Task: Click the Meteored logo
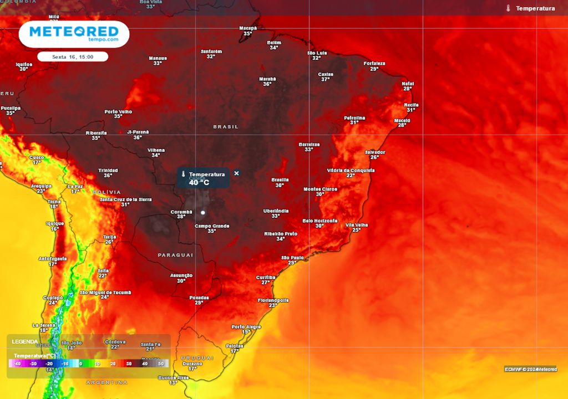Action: tap(74, 33)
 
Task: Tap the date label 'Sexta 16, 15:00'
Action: tap(73, 57)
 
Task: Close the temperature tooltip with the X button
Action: tap(237, 173)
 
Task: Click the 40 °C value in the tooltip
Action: tap(199, 182)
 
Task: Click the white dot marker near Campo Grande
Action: tap(203, 212)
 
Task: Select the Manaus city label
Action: tap(158, 58)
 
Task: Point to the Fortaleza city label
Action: tap(374, 63)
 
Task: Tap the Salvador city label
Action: tap(375, 152)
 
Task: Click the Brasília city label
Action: tap(280, 180)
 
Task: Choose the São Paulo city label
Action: tap(292, 258)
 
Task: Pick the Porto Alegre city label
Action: tap(246, 327)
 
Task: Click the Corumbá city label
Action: tap(181, 211)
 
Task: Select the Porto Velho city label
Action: tap(118, 111)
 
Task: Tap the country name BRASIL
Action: tap(226, 127)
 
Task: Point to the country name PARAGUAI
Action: tap(176, 255)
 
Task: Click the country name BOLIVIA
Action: tap(106, 192)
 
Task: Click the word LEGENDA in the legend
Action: tap(26, 341)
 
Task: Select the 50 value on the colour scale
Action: tap(161, 364)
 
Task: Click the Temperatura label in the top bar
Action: tap(535, 8)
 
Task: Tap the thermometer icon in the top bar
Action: tap(508, 8)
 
